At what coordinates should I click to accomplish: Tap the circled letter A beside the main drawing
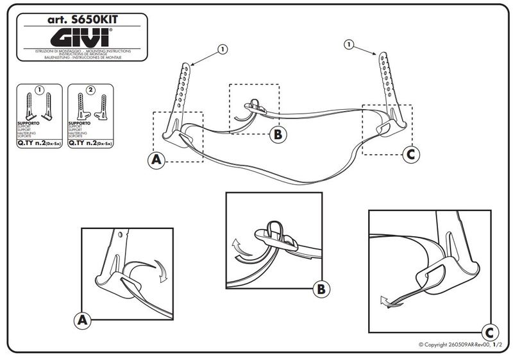(x=156, y=160)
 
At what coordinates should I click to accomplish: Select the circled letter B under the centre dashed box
(x=278, y=135)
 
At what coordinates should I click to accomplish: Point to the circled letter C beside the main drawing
(x=412, y=153)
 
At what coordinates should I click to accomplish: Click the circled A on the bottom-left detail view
(x=82, y=319)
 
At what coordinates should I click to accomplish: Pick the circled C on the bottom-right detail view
(x=489, y=332)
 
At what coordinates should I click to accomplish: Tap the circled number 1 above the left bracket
(x=223, y=49)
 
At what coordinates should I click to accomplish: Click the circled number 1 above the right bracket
(x=349, y=44)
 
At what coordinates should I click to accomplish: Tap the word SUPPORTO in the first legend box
(x=28, y=121)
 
